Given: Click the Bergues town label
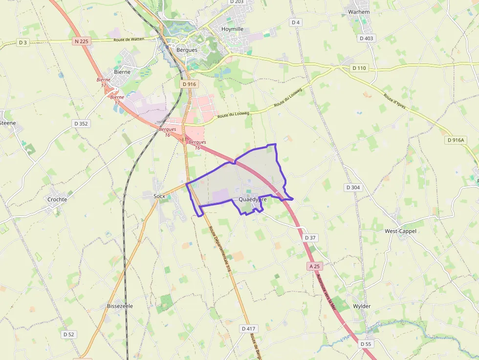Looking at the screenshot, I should tap(187, 50).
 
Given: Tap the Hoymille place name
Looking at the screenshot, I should tap(232, 29).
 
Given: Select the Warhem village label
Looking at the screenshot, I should tap(358, 11).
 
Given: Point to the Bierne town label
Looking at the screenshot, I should tap(122, 72).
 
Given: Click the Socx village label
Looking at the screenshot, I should tap(154, 196).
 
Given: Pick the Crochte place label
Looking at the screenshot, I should tap(57, 199).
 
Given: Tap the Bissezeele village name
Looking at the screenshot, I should tap(120, 306).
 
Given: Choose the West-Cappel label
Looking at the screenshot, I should tap(400, 231).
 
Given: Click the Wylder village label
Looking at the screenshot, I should tap(362, 306).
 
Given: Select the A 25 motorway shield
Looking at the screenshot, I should tap(314, 266).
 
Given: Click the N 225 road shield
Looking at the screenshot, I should tap(82, 42).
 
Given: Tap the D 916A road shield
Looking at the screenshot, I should tap(456, 140).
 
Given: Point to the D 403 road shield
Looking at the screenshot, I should tap(366, 38).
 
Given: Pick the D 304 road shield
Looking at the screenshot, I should tap(353, 188).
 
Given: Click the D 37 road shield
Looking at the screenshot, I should tap(310, 237).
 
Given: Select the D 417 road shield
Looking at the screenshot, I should tap(249, 329).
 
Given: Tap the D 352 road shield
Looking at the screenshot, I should tap(81, 124).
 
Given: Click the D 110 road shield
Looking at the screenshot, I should tap(359, 68).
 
